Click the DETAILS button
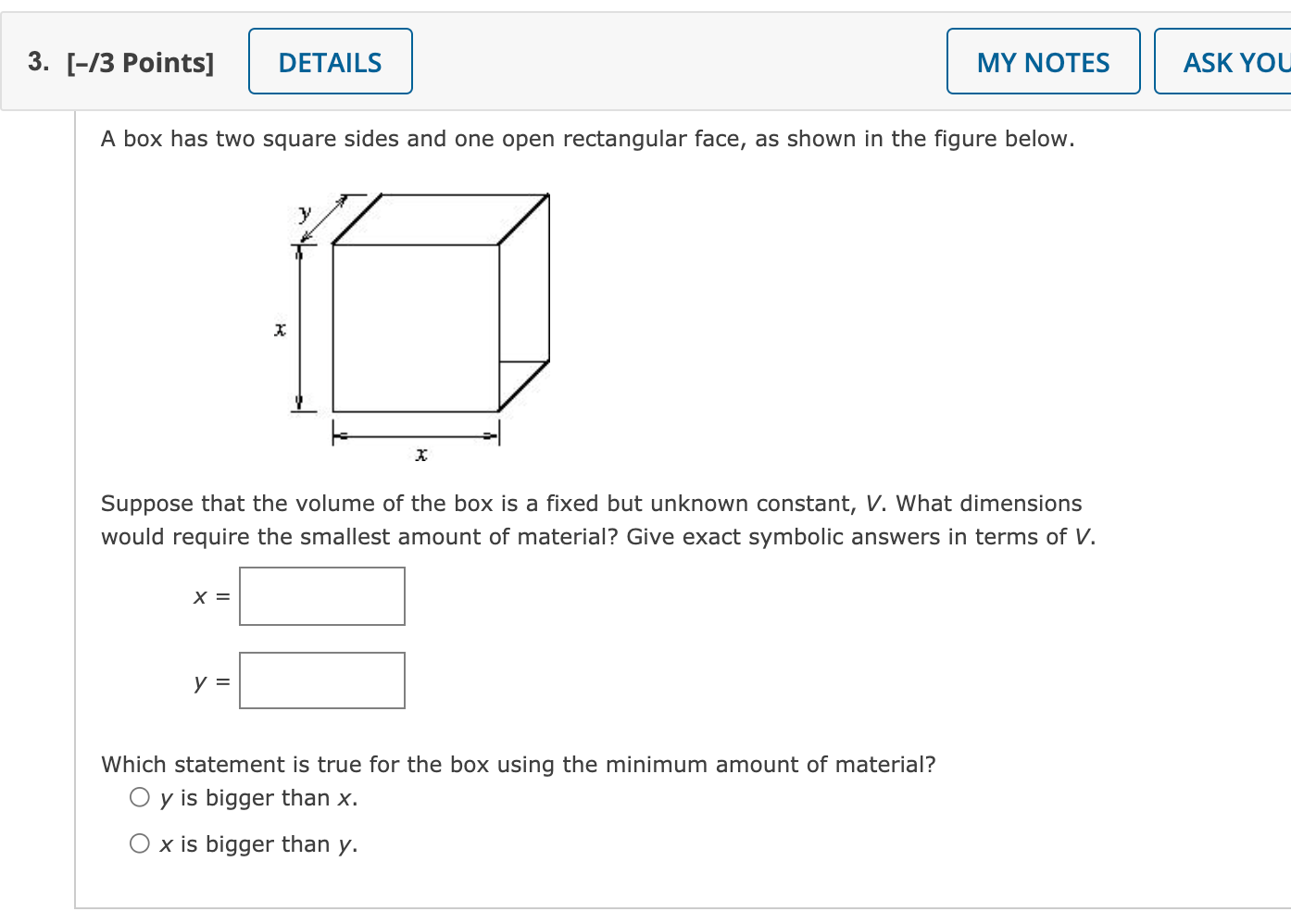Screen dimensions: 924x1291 tap(330, 62)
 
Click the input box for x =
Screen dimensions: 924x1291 tap(322, 596)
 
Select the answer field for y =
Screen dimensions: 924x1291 tap(322, 681)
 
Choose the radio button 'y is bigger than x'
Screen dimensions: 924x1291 tap(140, 797)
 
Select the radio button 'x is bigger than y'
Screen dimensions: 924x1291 tap(140, 843)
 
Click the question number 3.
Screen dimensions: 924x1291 tap(38, 61)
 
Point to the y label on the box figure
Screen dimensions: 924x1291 tap(305, 213)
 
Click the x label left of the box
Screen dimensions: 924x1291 tap(280, 329)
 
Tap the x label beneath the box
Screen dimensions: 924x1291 tap(421, 454)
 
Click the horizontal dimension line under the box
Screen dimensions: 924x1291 tap(416, 435)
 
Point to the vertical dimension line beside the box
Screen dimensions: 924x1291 tap(299, 329)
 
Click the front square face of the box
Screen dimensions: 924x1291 tap(416, 328)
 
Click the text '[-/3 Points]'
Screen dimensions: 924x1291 tap(140, 63)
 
